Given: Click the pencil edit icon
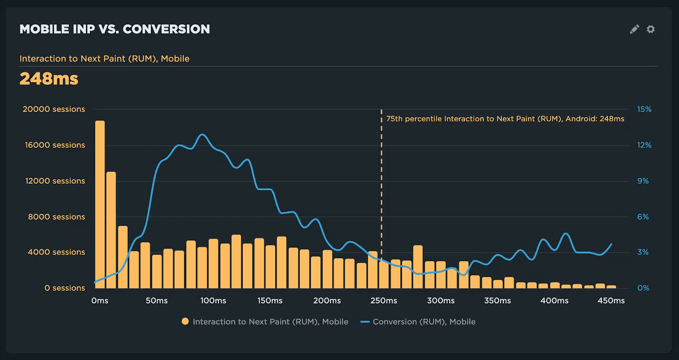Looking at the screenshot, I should (634, 29).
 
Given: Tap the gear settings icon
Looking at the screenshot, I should (651, 29).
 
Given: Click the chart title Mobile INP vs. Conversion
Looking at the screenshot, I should (115, 29).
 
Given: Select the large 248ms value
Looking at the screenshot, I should (49, 79).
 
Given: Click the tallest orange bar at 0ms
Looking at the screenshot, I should (100, 204).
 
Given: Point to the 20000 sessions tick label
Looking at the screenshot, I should (54, 109).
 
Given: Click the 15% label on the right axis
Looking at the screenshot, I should (644, 109).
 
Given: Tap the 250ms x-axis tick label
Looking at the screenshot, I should (384, 301).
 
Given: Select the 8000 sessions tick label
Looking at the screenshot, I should (56, 217).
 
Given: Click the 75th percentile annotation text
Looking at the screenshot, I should (505, 119).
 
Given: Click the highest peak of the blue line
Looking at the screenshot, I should (202, 135).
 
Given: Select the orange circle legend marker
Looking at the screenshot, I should (185, 321).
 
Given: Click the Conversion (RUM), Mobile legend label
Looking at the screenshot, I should (424, 322).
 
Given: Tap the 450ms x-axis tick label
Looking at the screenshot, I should (611, 301).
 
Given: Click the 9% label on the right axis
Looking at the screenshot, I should (643, 181).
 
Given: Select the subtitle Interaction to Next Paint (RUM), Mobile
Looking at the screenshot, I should (104, 59).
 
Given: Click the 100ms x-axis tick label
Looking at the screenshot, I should (213, 301).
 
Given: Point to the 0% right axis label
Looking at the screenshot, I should (643, 288).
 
